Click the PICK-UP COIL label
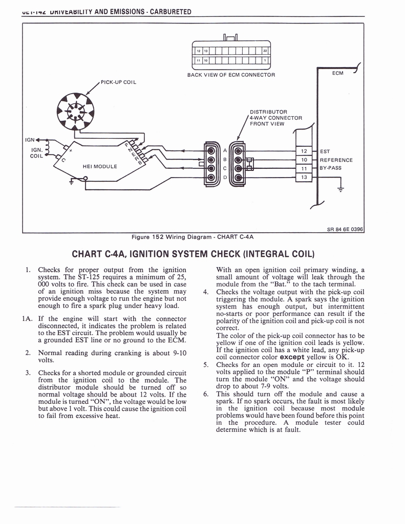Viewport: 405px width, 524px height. pos(118,81)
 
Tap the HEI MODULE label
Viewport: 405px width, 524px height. pos(100,166)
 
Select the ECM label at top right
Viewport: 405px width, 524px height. pos(338,73)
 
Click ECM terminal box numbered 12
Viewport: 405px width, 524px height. pos(303,151)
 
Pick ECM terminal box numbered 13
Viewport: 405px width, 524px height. pos(303,177)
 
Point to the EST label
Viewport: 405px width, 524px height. pos(325,151)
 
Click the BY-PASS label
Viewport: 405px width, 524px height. pos(331,168)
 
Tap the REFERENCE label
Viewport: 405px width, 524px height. pos(336,160)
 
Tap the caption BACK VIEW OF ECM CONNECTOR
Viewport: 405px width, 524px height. pos(231,75)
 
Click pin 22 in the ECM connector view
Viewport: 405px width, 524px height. pos(265,51)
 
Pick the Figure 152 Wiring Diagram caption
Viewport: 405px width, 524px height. pos(193,237)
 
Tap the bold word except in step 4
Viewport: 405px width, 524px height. pos(292,357)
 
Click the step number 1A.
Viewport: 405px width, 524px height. pos(28,318)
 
